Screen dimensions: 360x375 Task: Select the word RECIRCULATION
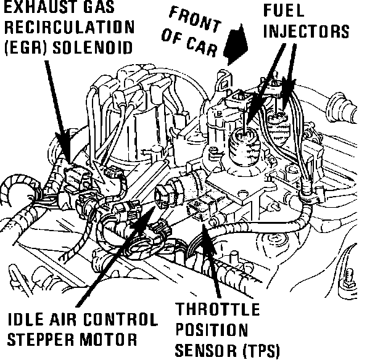coord(67,28)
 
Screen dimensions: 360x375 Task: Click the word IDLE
coord(28,321)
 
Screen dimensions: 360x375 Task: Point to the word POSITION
coord(212,330)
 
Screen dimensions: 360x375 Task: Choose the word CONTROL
coord(123,321)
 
